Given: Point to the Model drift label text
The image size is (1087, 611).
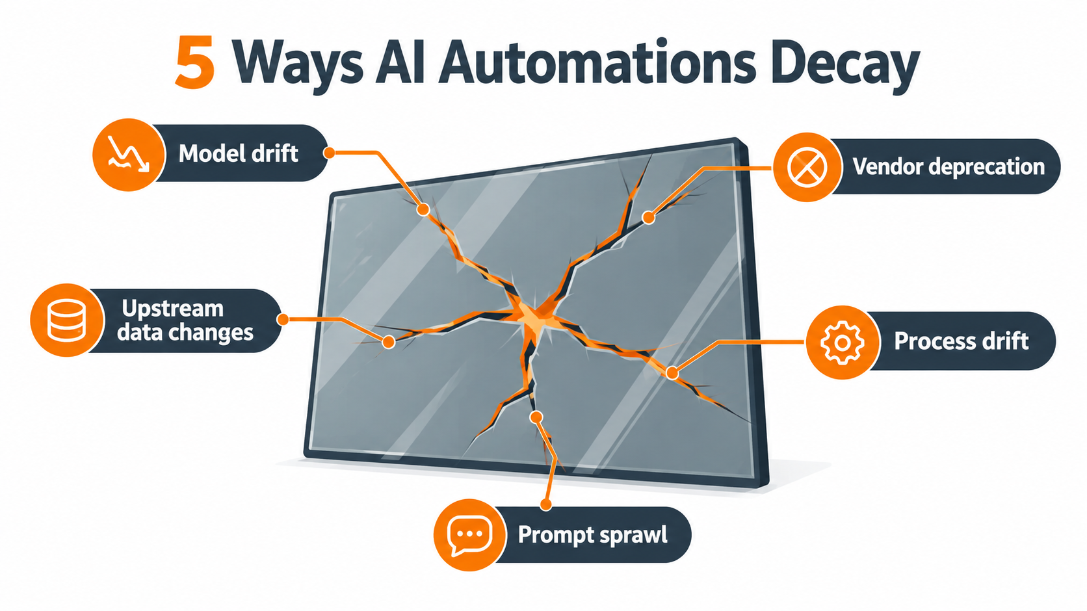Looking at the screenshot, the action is click(238, 153).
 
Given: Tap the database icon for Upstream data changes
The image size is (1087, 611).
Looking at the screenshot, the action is click(67, 321).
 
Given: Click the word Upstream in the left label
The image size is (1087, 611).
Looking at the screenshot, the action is click(172, 309).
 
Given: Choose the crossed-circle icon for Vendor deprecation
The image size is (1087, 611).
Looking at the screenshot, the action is click(807, 167).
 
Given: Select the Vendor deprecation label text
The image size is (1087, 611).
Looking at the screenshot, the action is click(949, 166).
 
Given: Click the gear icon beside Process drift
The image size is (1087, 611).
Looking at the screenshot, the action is click(842, 343).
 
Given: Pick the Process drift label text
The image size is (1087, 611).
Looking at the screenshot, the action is click(961, 341).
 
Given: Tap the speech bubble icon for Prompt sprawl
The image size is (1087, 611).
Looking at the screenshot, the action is click(469, 535).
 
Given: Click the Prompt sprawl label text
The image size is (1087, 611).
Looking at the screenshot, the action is click(592, 535).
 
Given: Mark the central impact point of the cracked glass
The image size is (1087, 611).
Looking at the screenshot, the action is click(533, 315).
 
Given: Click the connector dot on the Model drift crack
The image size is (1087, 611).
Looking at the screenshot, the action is click(423, 210).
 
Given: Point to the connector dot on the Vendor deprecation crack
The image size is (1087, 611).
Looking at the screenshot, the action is click(648, 218).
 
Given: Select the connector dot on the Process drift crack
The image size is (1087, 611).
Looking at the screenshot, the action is click(672, 372).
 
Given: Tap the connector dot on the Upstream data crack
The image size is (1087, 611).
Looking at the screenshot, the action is click(388, 342).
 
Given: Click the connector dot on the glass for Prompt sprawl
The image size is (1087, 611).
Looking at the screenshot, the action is click(536, 417).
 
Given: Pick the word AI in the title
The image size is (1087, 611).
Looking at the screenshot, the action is click(400, 62).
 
